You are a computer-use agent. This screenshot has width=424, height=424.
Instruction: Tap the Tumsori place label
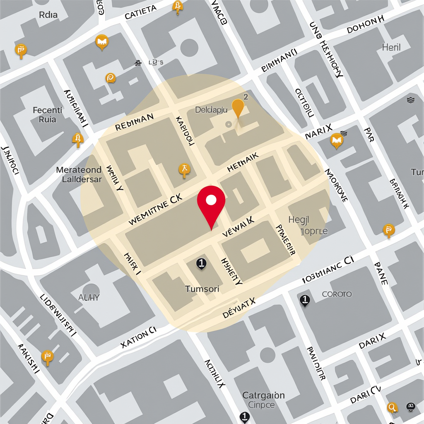202,289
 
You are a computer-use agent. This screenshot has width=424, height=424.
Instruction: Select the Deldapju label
211,110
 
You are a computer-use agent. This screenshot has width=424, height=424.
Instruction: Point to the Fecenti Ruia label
47,115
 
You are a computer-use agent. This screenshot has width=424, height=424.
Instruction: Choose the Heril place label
391,47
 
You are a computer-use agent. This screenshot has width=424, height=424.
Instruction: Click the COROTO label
337,294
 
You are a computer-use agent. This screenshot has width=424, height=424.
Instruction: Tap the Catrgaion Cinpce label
263,400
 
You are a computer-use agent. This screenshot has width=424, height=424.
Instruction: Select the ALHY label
89,297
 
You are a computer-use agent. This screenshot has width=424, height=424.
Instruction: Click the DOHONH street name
366,25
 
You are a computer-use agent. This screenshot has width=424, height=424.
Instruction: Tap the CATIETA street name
140,12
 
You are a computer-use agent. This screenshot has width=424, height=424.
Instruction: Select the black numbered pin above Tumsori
201,263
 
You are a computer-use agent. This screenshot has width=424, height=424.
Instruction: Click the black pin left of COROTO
305,300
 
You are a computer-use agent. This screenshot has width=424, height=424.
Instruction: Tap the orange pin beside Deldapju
238,108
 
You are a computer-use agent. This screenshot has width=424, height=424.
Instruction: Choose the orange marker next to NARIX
337,141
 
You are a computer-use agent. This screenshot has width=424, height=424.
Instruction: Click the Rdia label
48,15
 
